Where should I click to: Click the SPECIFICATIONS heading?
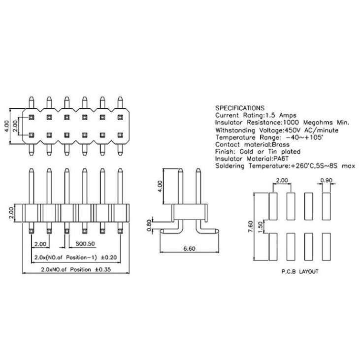click(240, 108)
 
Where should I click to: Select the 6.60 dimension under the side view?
click(190, 248)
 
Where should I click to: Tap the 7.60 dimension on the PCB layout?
click(251, 227)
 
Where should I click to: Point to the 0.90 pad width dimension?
click(326, 180)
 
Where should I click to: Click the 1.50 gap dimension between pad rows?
click(260, 227)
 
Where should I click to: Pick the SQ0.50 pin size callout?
click(85, 244)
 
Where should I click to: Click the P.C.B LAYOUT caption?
click(300, 272)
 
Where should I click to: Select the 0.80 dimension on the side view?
click(149, 226)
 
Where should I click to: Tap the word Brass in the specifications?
click(281, 145)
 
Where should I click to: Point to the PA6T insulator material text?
click(281, 159)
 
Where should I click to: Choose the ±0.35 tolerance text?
click(103, 269)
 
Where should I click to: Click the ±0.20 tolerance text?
click(109, 257)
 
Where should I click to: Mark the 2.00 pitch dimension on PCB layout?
click(282, 180)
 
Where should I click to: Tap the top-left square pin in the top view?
click(31, 118)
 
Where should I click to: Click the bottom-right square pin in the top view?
click(120, 135)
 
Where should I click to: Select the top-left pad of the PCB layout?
click(273, 206)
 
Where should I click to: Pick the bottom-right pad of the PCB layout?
click(327, 247)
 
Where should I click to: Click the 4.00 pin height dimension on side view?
click(160, 187)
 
